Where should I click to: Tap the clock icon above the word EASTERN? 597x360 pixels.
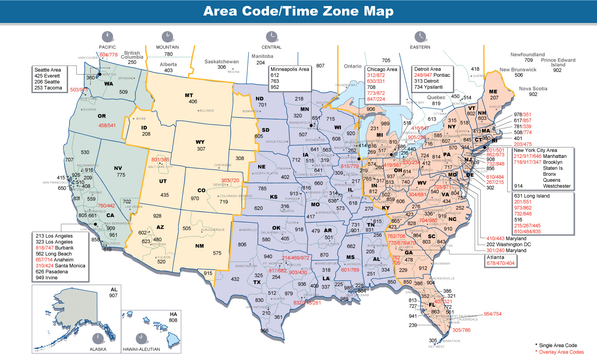click(420, 36)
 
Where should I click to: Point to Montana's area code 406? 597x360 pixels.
click(193, 101)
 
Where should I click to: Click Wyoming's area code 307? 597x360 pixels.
click(201, 149)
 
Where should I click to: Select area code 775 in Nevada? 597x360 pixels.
click(121, 175)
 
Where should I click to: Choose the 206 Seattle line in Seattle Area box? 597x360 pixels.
click(49, 82)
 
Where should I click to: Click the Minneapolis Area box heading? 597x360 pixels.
click(290, 69)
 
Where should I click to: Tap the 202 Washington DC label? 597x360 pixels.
click(505, 244)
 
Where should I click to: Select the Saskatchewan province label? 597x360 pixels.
click(221, 62)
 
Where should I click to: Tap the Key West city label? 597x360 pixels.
click(436, 347)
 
